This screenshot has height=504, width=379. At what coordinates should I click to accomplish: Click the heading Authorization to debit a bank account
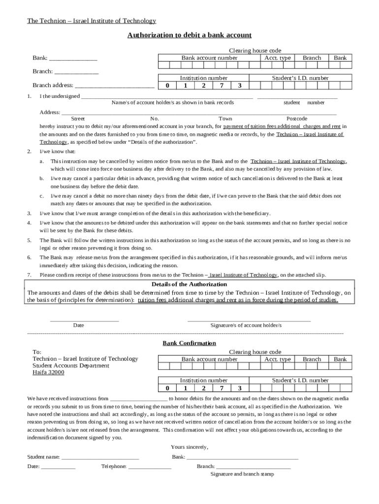pos(189,35)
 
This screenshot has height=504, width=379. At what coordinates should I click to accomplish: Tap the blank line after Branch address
pos(115,86)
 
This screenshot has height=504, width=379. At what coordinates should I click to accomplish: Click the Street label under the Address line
pos(78,119)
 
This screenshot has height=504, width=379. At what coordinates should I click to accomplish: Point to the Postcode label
pos(297,119)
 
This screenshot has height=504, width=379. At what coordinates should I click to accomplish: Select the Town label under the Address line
pos(225,119)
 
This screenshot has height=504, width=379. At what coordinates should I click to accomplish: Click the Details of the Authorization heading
pos(189,284)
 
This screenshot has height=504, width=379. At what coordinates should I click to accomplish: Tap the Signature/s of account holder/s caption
pos(246,325)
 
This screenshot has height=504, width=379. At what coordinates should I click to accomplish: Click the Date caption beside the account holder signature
pos(79,325)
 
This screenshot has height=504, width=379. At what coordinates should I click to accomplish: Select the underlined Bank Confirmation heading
pos(189,343)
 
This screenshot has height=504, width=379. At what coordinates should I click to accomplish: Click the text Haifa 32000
pos(48,373)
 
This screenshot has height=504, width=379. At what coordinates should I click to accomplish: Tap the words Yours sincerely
pos(189,447)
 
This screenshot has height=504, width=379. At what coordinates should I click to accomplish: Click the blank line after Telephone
pos(150,467)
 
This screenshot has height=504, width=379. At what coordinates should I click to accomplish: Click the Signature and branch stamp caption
pos(242,474)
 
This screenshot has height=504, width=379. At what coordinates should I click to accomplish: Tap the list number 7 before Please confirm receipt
pos(30,275)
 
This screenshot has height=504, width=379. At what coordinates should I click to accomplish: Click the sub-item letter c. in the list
pos(41,195)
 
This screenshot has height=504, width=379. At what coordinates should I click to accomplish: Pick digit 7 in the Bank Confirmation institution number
pos(221,388)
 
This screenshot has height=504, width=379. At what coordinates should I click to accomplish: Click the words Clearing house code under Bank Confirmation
pos(255,352)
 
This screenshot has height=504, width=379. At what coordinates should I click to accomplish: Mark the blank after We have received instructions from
pos(139,399)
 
